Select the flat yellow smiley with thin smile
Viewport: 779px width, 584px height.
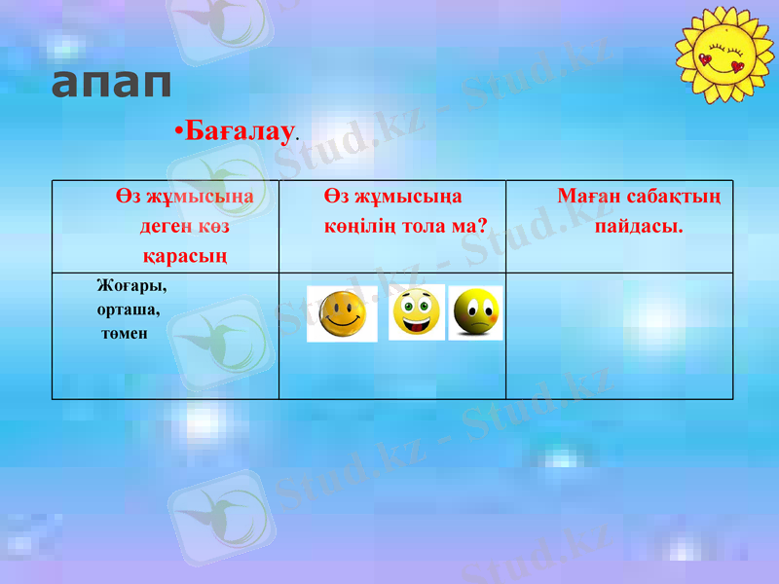[342, 313]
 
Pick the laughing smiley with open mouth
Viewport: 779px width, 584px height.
[416, 311]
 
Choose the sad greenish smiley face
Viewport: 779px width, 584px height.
[475, 312]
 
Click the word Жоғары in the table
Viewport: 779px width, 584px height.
[131, 286]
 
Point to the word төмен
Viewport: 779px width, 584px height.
[124, 334]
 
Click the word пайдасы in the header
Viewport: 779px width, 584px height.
[637, 226]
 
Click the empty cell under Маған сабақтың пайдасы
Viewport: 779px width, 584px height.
[619, 336]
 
